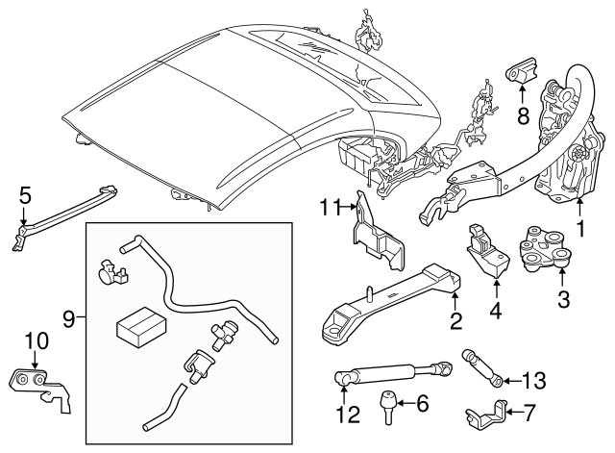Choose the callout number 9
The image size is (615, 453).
(67, 315)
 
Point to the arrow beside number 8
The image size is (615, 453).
(520, 92)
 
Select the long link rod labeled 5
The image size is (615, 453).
(67, 206)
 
